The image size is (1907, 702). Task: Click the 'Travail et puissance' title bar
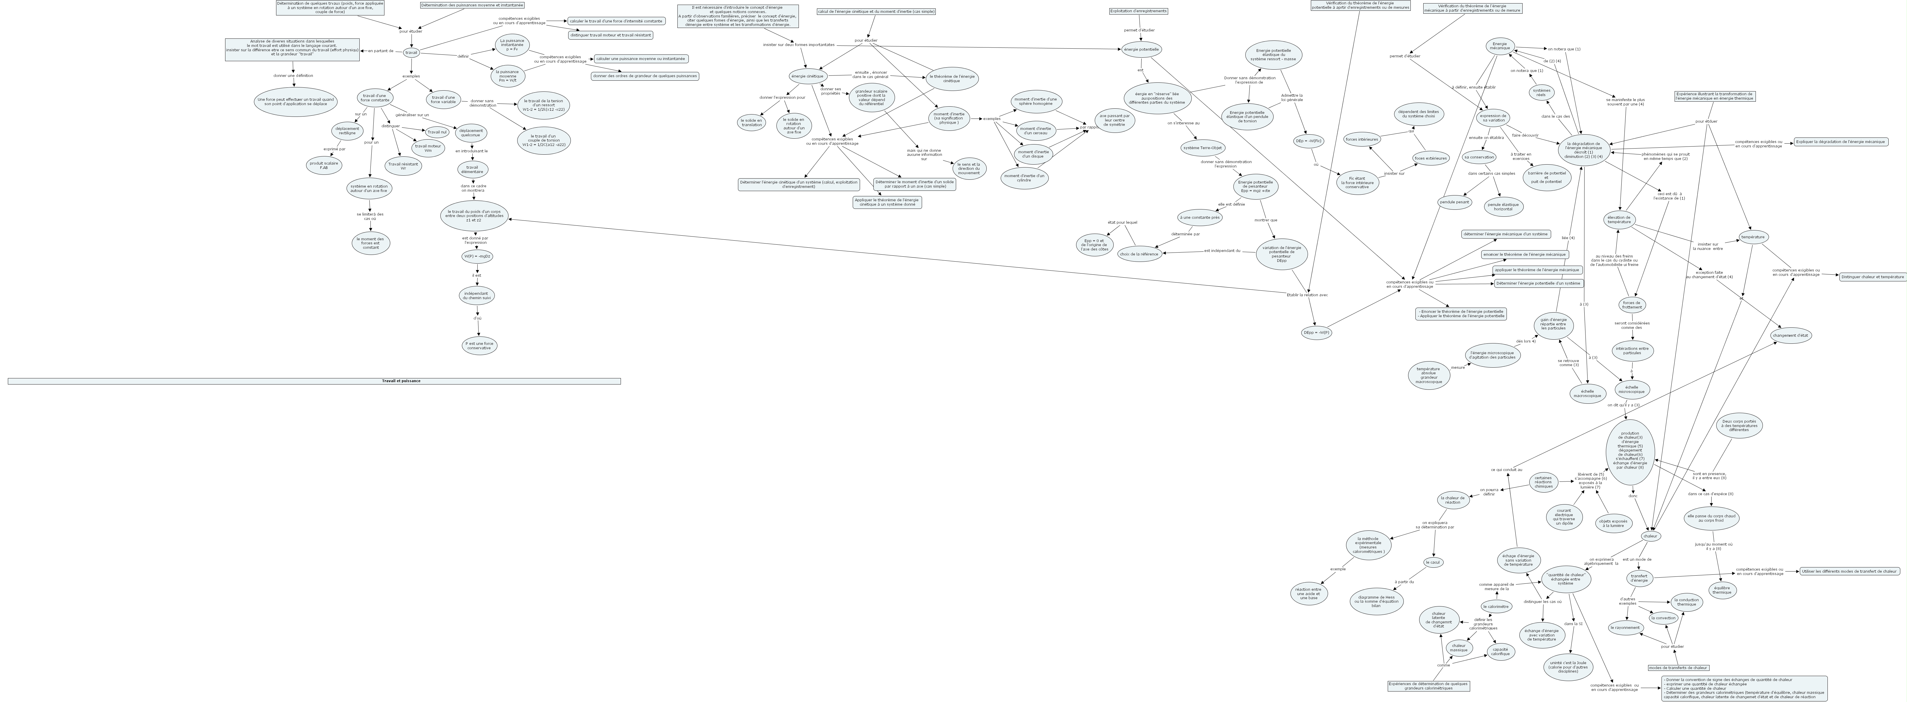coord(314,381)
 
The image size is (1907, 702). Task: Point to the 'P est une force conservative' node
coord(479,346)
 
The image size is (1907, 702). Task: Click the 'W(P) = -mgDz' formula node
coord(477,256)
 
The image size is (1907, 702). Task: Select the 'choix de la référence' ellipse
coord(1139,254)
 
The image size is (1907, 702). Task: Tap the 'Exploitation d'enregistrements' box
coord(1138,11)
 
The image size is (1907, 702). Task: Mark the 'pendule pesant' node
coord(1455,201)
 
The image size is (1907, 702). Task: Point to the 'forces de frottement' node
coord(1631,304)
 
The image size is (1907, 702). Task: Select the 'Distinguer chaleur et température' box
coord(1872,276)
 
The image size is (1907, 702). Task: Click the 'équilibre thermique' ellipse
coord(1721,590)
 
